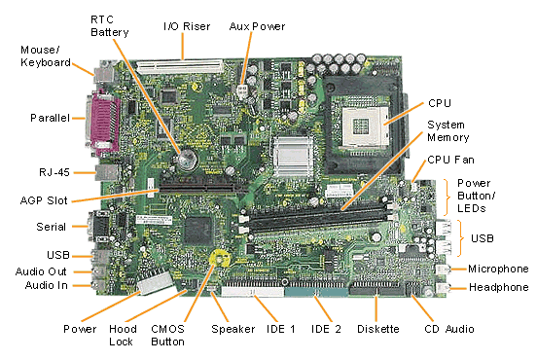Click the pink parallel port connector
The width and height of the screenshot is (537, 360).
[x=102, y=123]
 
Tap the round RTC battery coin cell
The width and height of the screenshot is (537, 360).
[x=187, y=160]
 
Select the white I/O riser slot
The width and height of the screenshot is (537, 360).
[x=179, y=67]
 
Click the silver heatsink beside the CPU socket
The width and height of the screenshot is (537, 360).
[x=293, y=157]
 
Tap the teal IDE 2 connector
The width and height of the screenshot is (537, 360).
[x=315, y=292]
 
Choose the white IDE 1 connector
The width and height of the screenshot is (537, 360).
[x=252, y=292]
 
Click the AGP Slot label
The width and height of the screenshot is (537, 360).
[x=44, y=200]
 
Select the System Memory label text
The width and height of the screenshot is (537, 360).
[x=447, y=131]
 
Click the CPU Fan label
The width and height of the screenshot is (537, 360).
[x=450, y=160]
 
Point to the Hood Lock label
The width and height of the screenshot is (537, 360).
[x=123, y=336]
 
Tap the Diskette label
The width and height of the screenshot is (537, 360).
[x=378, y=329]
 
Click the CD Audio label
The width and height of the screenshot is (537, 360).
[x=449, y=329]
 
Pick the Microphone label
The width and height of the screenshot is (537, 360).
[x=498, y=269]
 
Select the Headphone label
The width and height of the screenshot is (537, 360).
[x=499, y=287]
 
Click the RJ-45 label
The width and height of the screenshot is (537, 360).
[x=54, y=172]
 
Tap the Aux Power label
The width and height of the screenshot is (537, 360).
[x=257, y=26]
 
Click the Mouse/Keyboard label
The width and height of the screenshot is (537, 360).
[x=46, y=56]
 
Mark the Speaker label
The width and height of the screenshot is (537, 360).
[x=233, y=330]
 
